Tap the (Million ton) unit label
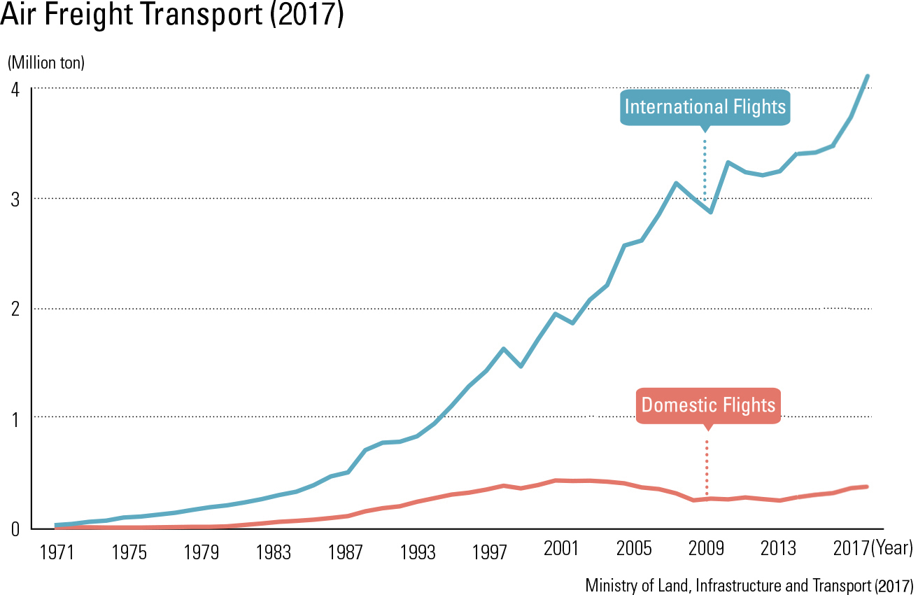tap(46, 63)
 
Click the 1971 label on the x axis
tap(57, 552)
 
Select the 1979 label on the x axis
tap(201, 552)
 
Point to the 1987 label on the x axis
tap(345, 552)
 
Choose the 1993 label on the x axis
tap(418, 552)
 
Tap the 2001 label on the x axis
tap(561, 549)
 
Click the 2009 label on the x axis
tap(706, 549)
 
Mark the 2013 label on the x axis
tap(778, 549)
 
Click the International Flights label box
tap(705, 107)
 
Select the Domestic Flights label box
tap(708, 405)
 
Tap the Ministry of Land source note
tap(749, 585)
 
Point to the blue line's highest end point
tap(868, 76)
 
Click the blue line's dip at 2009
tap(711, 211)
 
